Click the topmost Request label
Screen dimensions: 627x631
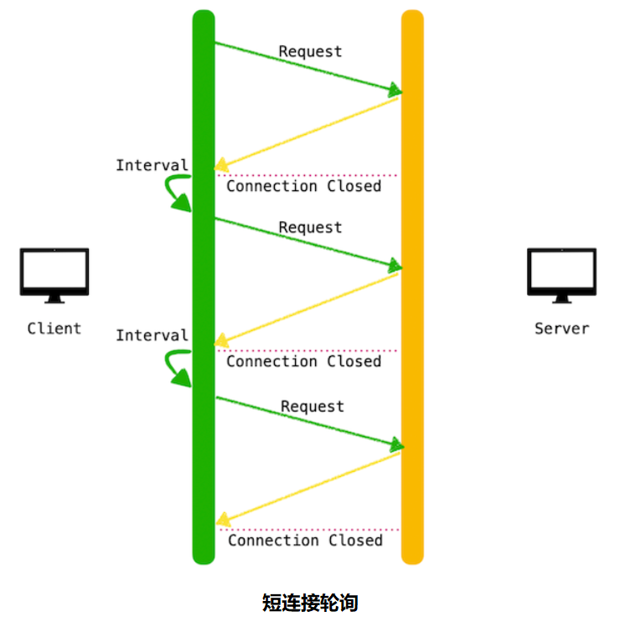(x=310, y=52)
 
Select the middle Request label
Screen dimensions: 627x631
(x=310, y=228)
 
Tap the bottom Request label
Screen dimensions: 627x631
(x=312, y=407)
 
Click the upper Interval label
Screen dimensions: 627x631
(x=152, y=165)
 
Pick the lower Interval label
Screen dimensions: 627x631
(x=152, y=335)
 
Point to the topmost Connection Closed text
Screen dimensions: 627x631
(x=303, y=186)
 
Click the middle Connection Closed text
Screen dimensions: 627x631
(x=303, y=361)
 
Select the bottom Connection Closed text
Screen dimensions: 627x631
(x=305, y=541)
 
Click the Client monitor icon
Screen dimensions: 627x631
(x=54, y=274)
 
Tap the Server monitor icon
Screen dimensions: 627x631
(x=561, y=274)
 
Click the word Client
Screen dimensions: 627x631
(x=54, y=329)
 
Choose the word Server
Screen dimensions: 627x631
(x=561, y=329)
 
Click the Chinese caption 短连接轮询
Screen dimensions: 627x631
(x=310, y=603)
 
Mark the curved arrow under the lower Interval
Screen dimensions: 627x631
(x=177, y=369)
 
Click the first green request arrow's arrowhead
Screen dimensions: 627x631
(x=395, y=90)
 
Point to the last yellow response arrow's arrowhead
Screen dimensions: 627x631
(x=222, y=521)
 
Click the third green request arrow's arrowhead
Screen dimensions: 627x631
(x=396, y=445)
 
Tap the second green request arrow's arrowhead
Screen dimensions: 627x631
(x=395, y=267)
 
